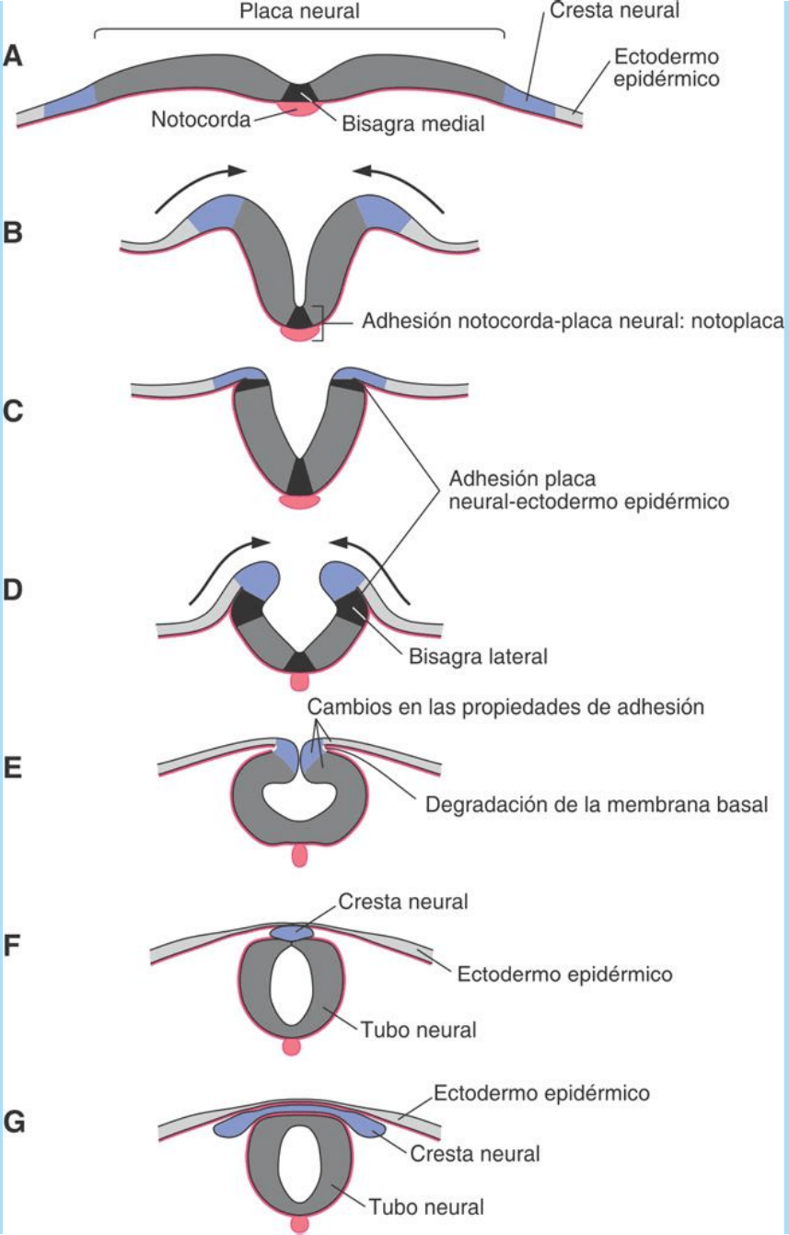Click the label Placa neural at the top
click(x=298, y=11)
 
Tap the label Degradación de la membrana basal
click(x=597, y=804)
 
